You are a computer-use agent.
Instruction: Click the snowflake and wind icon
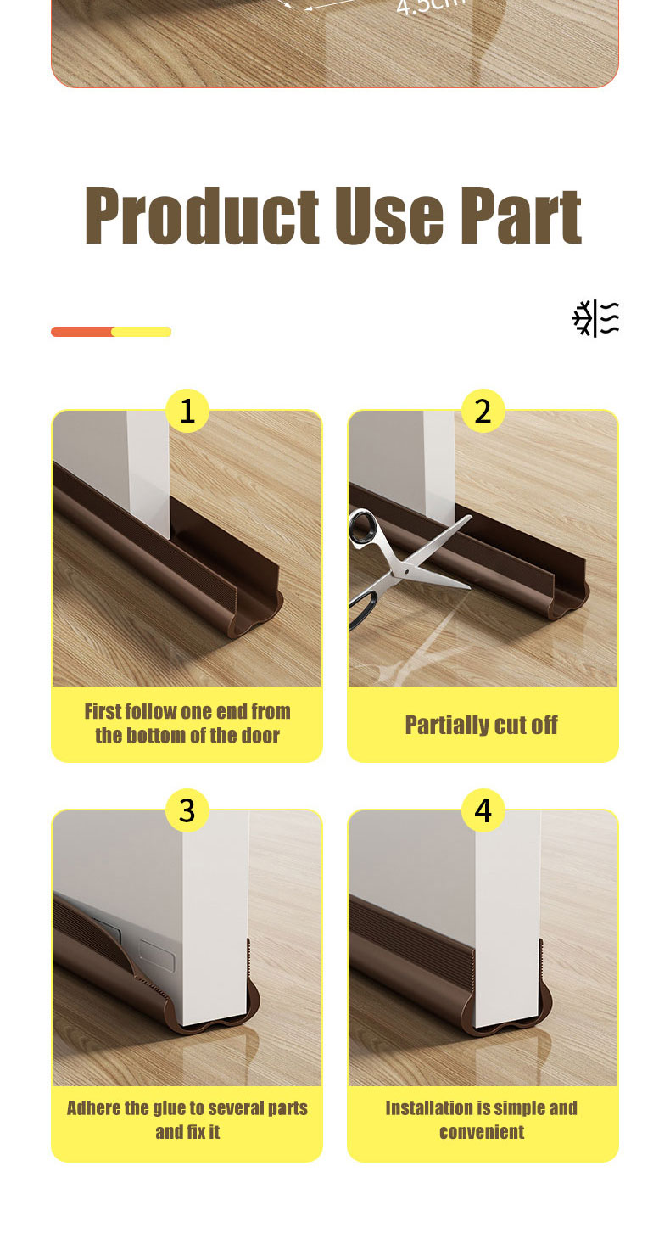click(595, 318)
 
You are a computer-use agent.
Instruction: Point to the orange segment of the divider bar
click(81, 332)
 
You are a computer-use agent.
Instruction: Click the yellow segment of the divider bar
click(142, 332)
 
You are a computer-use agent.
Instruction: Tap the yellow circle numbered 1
click(187, 412)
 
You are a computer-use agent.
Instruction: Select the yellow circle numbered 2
click(483, 412)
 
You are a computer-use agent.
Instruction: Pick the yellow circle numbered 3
click(187, 810)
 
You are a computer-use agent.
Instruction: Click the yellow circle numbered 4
click(483, 810)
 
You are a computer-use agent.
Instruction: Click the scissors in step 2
click(399, 564)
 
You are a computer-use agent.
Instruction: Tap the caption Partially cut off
click(482, 725)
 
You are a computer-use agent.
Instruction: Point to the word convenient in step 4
click(482, 1132)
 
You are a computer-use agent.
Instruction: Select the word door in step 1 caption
click(259, 735)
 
